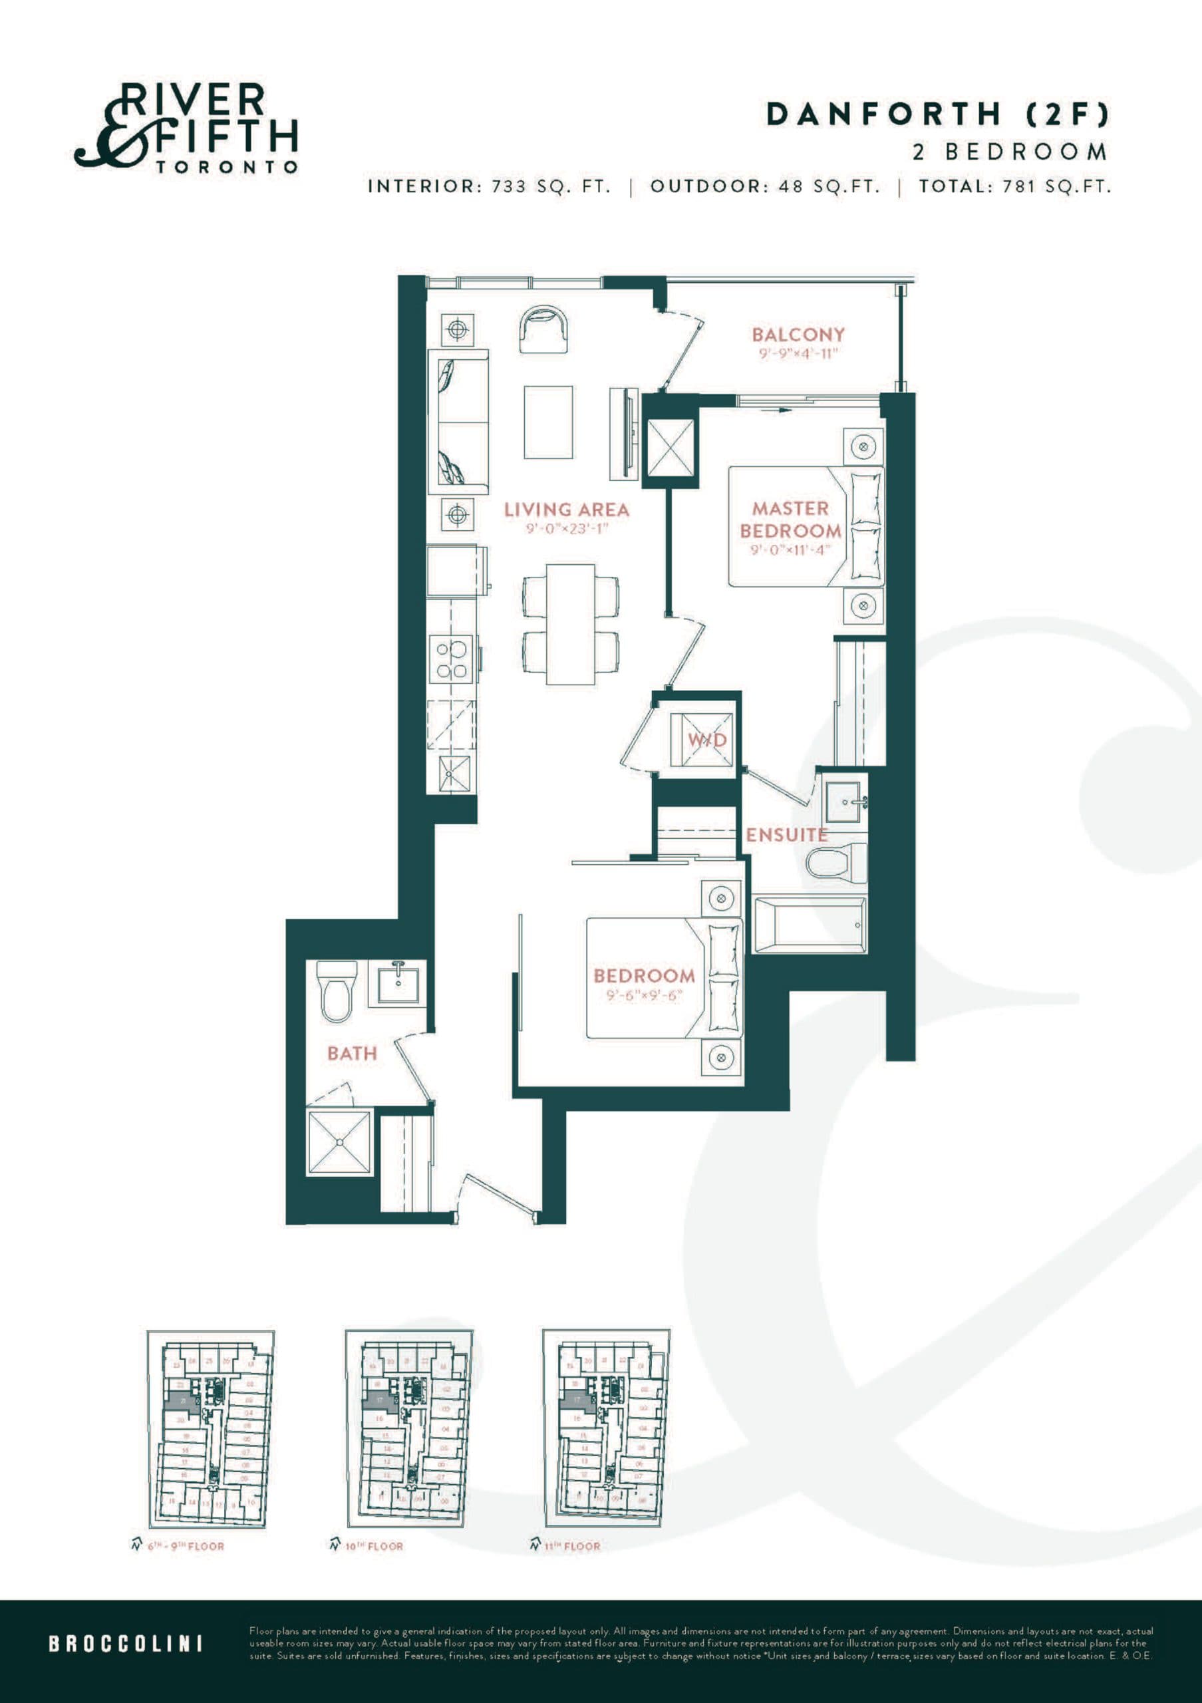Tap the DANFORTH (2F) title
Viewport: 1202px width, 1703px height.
937,114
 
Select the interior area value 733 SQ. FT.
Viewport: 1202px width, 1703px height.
551,186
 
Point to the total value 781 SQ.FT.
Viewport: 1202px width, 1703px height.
1057,186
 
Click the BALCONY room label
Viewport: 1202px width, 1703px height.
798,335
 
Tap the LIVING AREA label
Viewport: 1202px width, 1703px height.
567,510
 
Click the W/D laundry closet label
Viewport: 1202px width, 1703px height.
706,740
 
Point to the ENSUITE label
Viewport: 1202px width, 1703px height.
786,834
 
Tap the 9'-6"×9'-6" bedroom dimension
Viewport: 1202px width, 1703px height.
643,995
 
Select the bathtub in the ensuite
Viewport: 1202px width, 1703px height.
809,925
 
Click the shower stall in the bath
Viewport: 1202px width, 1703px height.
339,1142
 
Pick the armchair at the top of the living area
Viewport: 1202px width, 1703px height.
543,331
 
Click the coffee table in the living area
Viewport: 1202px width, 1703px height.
548,422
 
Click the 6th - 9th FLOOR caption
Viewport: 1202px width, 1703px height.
186,1546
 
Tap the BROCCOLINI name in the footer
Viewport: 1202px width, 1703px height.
125,1644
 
